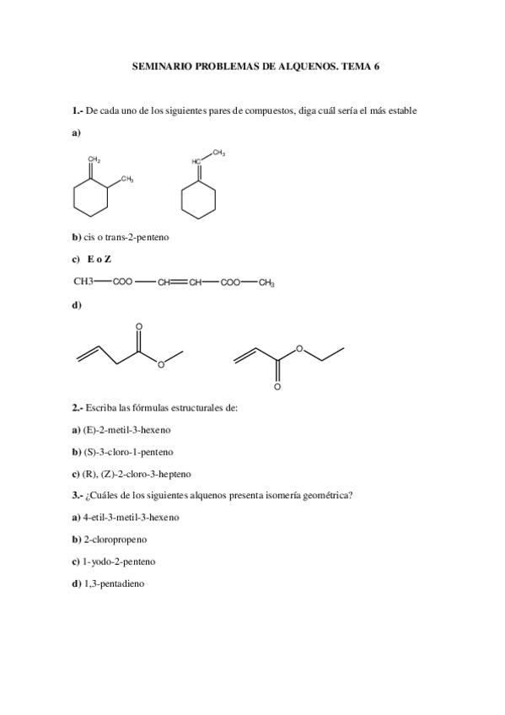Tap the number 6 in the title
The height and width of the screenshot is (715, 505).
(x=376, y=64)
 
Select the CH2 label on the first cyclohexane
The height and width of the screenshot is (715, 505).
(x=95, y=159)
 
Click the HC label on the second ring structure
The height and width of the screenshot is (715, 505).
(x=196, y=161)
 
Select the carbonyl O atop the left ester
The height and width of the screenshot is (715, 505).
(x=138, y=325)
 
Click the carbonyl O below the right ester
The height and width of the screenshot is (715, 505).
(x=277, y=389)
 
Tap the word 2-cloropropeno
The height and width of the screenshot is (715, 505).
(x=115, y=539)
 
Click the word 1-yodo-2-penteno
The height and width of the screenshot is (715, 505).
(x=119, y=561)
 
